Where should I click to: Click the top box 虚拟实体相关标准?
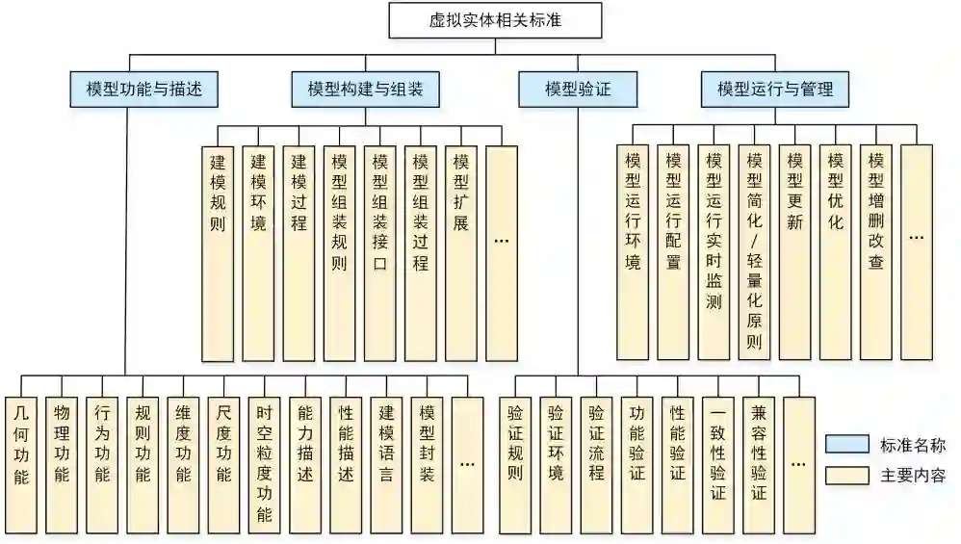[495, 19]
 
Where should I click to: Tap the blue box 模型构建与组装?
[365, 91]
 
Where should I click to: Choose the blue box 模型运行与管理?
[775, 91]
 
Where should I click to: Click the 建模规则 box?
[217, 252]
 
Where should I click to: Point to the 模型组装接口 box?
[379, 252]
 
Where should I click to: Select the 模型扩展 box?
[460, 252]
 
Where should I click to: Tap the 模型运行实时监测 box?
[714, 252]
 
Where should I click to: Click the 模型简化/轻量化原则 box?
[754, 252]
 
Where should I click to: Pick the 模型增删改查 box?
[876, 252]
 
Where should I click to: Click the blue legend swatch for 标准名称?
[847, 445]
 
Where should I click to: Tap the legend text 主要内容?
[913, 476]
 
